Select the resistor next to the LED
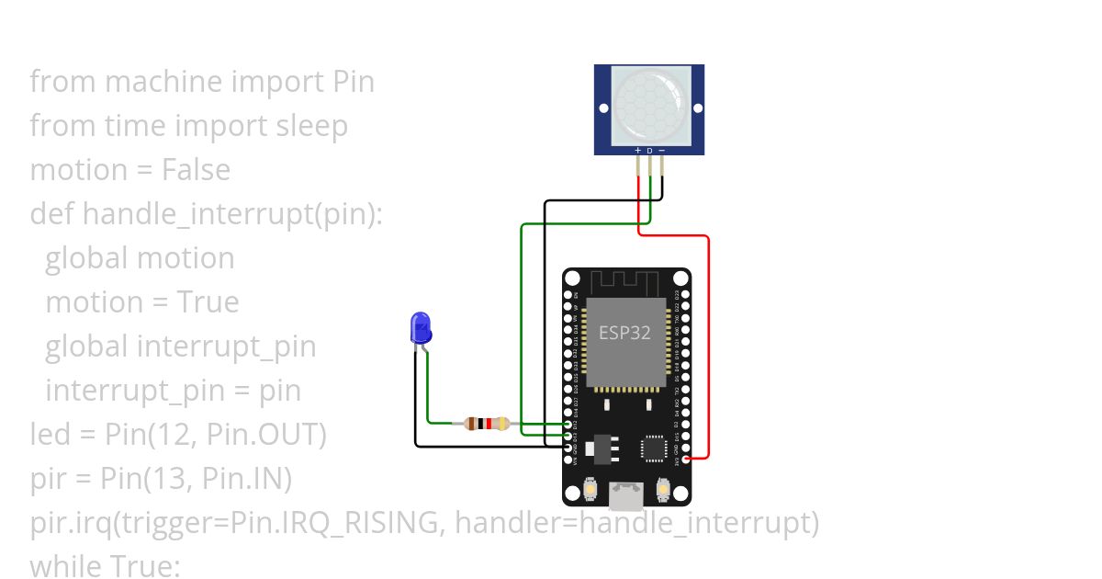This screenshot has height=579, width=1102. point(487,424)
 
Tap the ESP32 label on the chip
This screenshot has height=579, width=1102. point(624,332)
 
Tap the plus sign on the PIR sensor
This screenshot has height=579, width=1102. point(638,150)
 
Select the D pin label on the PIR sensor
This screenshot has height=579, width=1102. point(649,150)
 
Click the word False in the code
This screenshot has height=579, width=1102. point(196,170)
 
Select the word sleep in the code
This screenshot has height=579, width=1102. point(312,126)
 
